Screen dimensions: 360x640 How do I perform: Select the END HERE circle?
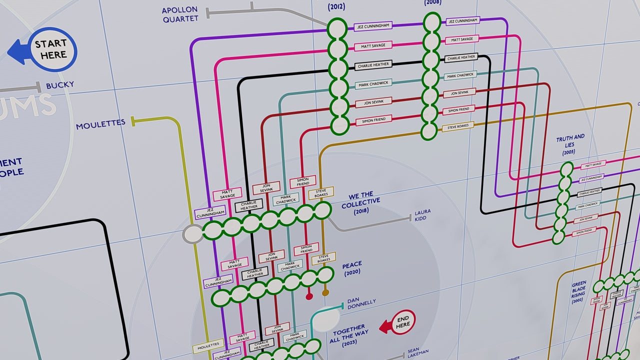(x=402, y=322)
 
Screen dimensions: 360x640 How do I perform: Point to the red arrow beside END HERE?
(x=385, y=327)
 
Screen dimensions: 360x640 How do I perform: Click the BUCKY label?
(x=60, y=85)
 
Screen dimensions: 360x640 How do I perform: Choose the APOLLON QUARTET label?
(x=180, y=14)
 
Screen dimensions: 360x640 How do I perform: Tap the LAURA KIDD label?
(x=422, y=215)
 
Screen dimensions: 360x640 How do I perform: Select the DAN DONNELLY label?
(x=361, y=303)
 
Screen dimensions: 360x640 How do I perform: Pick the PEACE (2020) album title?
(x=352, y=268)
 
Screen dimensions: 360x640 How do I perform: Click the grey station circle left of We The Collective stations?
(x=192, y=233)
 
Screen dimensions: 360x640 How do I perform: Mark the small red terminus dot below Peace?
(x=309, y=296)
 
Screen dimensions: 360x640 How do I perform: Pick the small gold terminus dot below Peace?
(x=325, y=292)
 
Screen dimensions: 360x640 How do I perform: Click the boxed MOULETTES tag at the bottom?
(x=208, y=345)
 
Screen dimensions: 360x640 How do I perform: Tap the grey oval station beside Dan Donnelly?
(x=325, y=317)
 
